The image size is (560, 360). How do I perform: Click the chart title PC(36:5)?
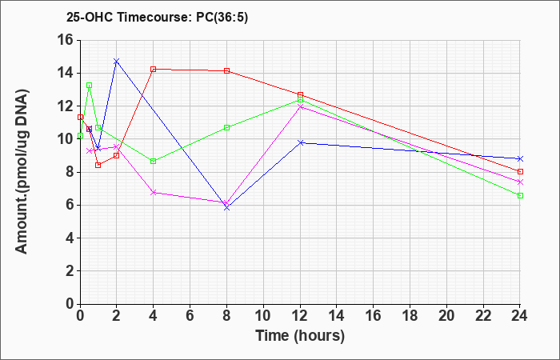pyautogui.click(x=222, y=17)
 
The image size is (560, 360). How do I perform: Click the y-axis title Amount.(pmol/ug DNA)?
pyautogui.click(x=22, y=172)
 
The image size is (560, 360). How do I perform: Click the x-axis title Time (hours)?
pyautogui.click(x=300, y=335)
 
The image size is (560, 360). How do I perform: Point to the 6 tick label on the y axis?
pyautogui.click(x=70, y=205)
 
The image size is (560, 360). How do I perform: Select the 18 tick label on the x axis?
pyautogui.click(x=410, y=316)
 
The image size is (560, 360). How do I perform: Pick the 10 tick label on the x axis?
pyautogui.click(x=263, y=316)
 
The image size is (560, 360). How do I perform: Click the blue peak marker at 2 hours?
pyautogui.click(x=117, y=62)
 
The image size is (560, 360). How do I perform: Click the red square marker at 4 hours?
pyautogui.click(x=154, y=70)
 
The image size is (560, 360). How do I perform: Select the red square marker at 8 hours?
pyautogui.click(x=226, y=70)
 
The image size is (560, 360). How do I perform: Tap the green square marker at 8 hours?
pyautogui.click(x=226, y=127)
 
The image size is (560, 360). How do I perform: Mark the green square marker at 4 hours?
pyautogui.click(x=154, y=162)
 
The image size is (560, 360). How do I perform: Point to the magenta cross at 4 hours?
pyautogui.click(x=154, y=193)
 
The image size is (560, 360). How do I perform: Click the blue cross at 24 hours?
pyautogui.click(x=520, y=158)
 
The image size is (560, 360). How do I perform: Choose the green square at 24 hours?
pyautogui.click(x=520, y=196)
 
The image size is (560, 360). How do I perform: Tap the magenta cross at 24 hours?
pyautogui.click(x=520, y=182)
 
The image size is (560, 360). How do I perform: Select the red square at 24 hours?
pyautogui.click(x=520, y=171)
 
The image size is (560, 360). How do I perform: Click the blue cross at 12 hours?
pyautogui.click(x=300, y=142)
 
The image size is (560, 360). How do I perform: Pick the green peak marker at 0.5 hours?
pyautogui.click(x=90, y=86)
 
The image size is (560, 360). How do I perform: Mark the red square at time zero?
pyautogui.click(x=80, y=117)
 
